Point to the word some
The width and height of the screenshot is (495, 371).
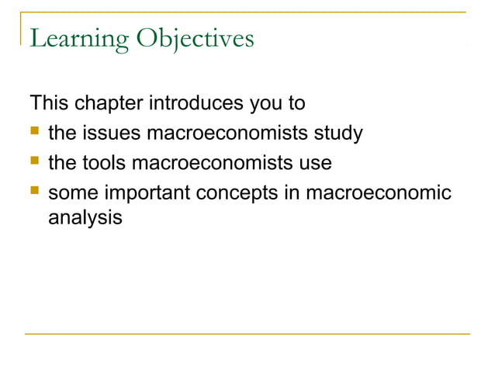click(x=72, y=193)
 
